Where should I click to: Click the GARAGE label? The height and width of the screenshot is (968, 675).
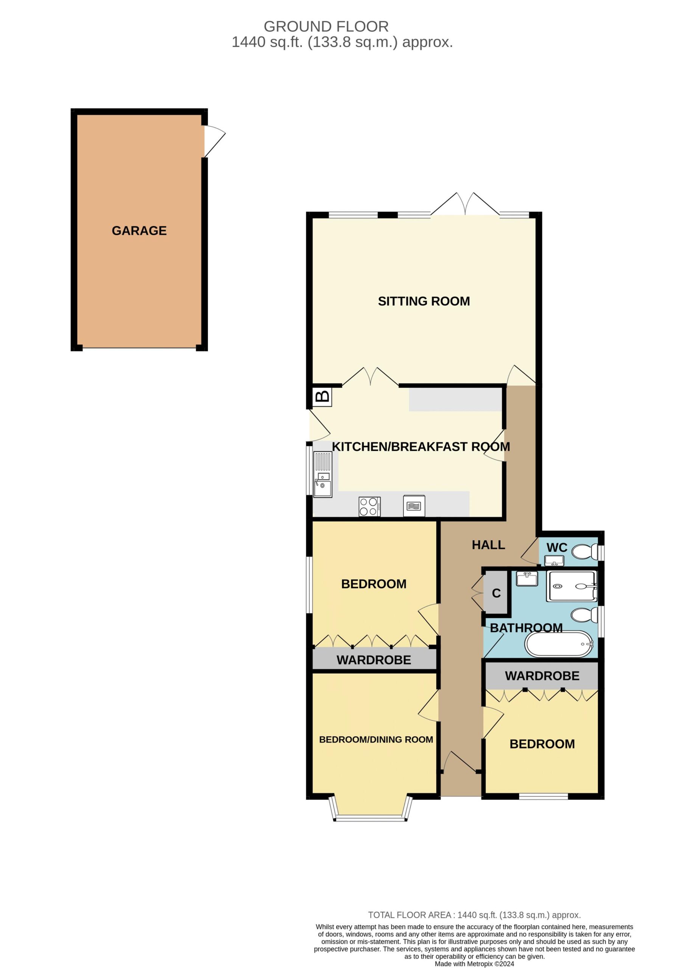pos(139,231)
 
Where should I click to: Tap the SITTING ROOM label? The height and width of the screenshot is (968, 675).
pos(424,301)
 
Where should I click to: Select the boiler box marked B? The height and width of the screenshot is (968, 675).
pos(322,397)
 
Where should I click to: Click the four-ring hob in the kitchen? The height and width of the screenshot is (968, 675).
pos(369,506)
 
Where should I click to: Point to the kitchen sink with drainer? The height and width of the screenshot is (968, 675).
pos(323,474)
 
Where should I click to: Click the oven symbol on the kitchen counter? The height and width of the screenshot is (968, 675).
pos(414,506)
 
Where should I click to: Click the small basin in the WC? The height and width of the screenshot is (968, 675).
pos(554,561)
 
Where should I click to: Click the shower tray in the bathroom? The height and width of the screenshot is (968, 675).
pos(572,586)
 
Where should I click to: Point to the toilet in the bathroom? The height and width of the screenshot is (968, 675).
pos(585,615)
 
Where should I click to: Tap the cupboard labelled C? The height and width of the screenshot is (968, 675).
pos(496,593)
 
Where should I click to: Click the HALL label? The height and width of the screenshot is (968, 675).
pos(488,545)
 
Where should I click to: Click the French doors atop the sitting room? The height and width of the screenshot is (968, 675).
pos(465,205)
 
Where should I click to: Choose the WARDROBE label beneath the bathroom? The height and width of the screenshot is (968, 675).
pos(542,676)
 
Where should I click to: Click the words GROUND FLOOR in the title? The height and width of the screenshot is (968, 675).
pos(326,26)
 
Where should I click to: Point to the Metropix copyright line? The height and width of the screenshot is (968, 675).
pos(474,964)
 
